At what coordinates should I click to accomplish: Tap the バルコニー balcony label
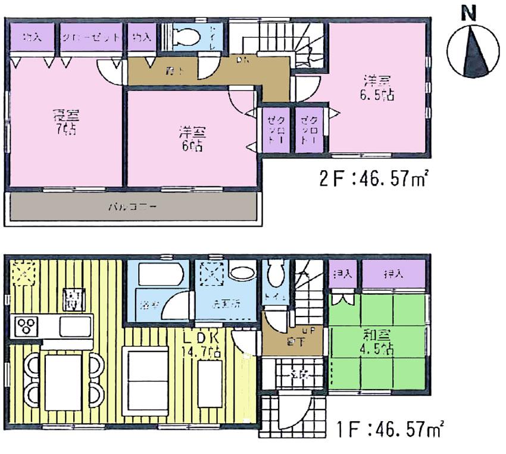tap(132, 208)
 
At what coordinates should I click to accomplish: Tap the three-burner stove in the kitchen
tap(27, 326)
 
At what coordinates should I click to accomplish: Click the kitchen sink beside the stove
tap(74, 326)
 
